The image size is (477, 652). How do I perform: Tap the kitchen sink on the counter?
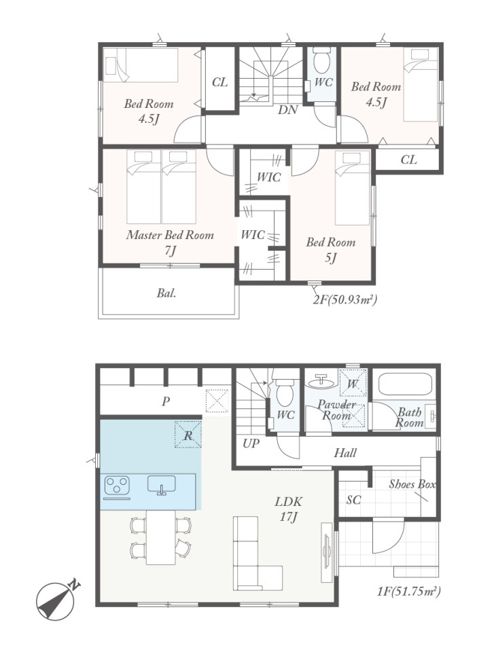click(161, 485)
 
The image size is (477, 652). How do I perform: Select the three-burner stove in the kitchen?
click(117, 486)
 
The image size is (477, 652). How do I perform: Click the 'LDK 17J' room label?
click(288, 509)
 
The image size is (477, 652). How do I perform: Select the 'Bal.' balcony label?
click(166, 293)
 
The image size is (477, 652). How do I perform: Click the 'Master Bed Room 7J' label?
click(170, 243)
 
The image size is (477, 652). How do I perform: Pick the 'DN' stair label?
click(288, 110)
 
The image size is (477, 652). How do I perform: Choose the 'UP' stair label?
click(250, 443)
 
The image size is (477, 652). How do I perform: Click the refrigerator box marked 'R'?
click(188, 435)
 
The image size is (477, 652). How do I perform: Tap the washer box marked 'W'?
click(353, 383)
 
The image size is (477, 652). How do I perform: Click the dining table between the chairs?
click(161, 537)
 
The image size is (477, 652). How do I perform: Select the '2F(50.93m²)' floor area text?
click(344, 300)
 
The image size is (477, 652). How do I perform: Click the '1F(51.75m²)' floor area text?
click(408, 592)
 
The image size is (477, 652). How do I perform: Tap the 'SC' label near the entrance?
click(353, 499)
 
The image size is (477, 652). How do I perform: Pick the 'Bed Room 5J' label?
click(331, 250)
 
